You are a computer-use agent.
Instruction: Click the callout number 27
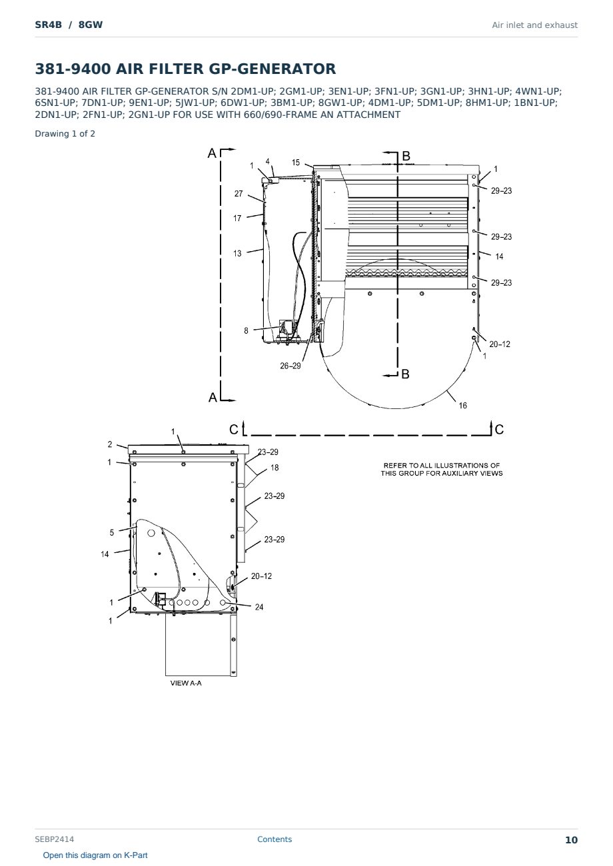click(239, 194)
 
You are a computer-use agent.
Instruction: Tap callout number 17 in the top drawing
click(237, 218)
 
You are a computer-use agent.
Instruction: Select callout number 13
click(237, 254)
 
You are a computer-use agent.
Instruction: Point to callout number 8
click(246, 331)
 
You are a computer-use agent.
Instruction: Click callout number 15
click(296, 163)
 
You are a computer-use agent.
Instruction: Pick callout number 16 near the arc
click(463, 406)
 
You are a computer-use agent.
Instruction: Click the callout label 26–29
click(291, 366)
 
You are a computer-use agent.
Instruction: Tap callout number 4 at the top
click(268, 162)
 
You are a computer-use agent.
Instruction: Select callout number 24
click(259, 608)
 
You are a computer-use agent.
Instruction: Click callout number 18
click(275, 468)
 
